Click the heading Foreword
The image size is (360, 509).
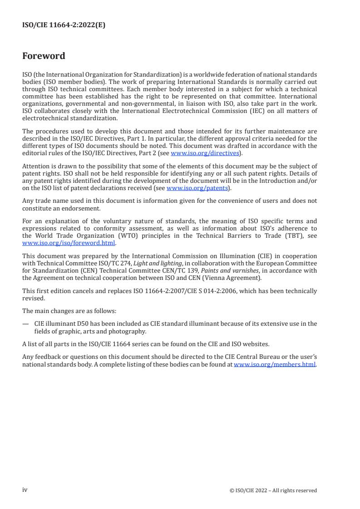tap(44, 56)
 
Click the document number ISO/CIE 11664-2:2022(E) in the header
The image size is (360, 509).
tap(64, 25)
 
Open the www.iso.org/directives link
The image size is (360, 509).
tap(205, 153)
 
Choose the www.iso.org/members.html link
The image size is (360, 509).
tap(274, 365)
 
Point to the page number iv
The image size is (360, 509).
tap(25, 490)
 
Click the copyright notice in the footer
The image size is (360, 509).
tap(273, 490)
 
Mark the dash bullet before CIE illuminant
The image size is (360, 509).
tap(25, 323)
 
